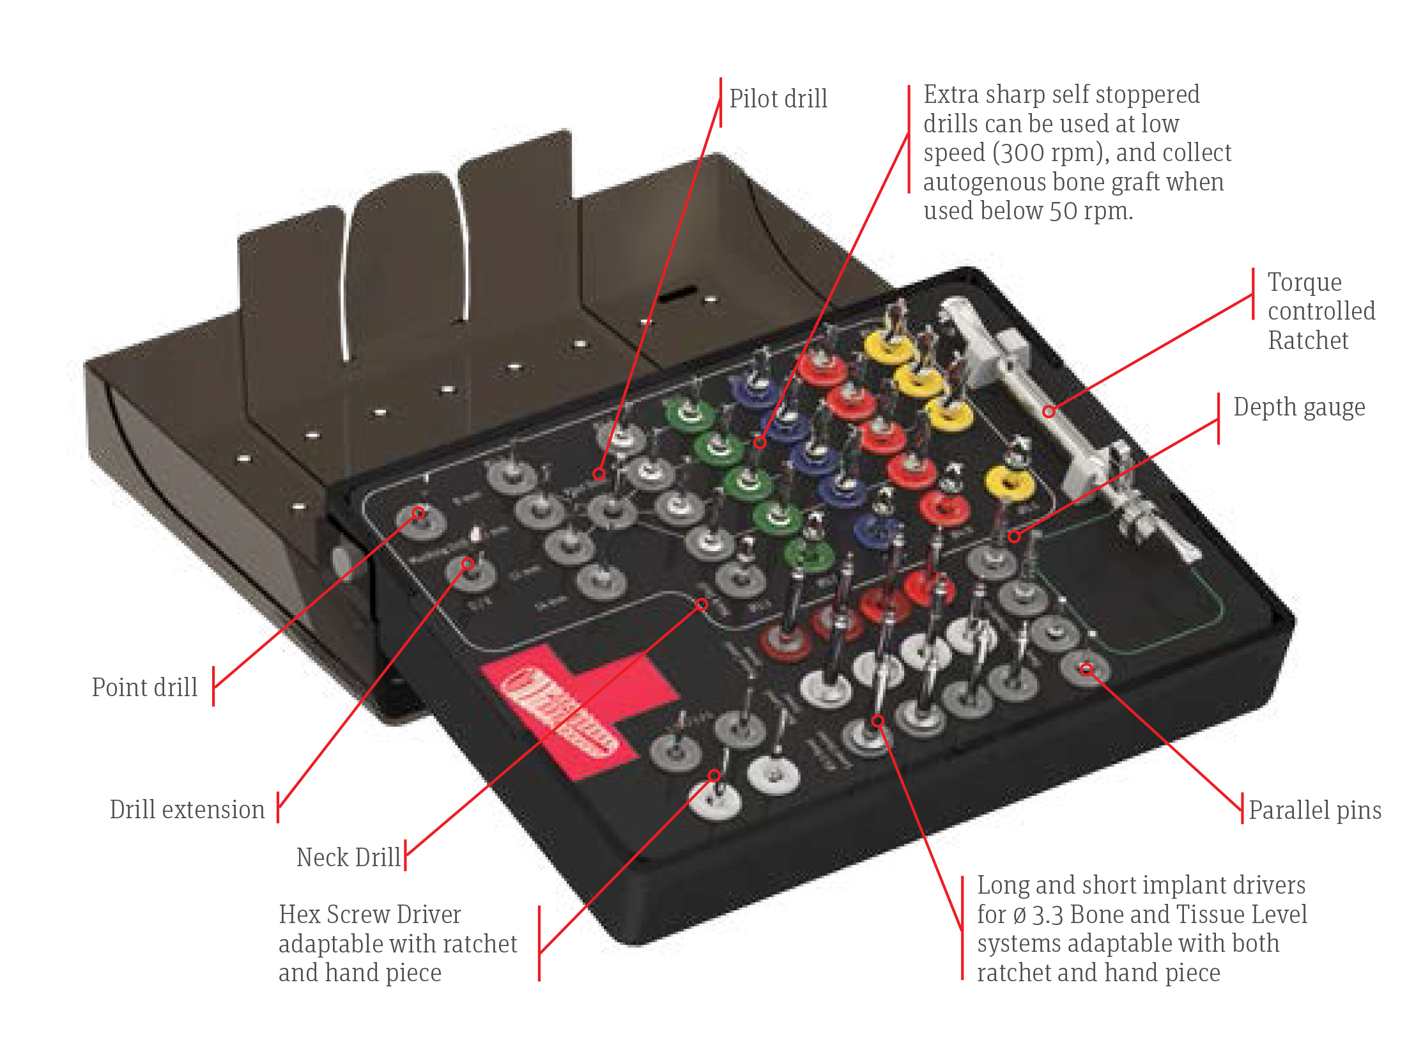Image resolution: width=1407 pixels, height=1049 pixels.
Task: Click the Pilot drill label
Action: (x=778, y=99)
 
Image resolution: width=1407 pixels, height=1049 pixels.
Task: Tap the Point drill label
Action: (x=144, y=687)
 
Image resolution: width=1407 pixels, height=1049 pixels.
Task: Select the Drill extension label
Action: (x=187, y=809)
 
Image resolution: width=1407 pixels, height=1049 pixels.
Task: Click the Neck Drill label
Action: (x=348, y=857)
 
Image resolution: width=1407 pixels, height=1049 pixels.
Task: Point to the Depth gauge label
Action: (x=1298, y=407)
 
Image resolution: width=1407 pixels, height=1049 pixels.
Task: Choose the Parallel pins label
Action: (x=1314, y=810)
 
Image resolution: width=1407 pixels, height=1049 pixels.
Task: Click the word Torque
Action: (x=1304, y=282)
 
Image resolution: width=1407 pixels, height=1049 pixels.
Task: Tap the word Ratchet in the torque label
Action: (x=1307, y=340)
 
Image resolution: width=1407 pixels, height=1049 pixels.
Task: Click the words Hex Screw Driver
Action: (x=369, y=914)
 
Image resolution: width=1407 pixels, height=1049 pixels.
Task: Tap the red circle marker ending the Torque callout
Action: (x=1049, y=412)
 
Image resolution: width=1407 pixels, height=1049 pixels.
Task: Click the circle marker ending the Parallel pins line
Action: (x=1086, y=669)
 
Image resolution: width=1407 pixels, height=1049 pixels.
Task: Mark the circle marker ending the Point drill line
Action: (x=418, y=513)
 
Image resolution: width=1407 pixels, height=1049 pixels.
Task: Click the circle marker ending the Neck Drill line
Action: (x=701, y=604)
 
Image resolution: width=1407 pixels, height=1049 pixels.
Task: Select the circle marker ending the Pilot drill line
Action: (x=599, y=474)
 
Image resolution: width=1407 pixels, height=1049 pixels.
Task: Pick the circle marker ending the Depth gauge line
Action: (x=1014, y=536)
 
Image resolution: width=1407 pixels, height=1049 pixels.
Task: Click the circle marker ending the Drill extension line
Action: (x=468, y=563)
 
